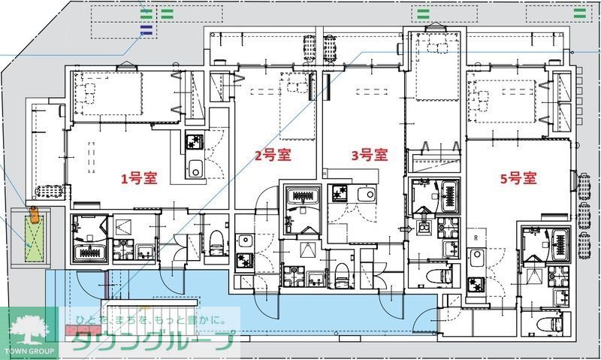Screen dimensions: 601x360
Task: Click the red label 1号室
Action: pyautogui.click(x=139, y=178)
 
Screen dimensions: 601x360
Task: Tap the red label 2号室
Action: pyautogui.click(x=273, y=155)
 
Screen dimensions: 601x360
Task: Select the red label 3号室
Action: pyautogui.click(x=370, y=155)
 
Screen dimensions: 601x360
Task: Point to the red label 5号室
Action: pyautogui.click(x=518, y=178)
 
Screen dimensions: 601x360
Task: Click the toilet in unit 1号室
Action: pyautogui.click(x=216, y=242)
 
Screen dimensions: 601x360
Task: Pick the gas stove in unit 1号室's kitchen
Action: pyautogui.click(x=195, y=141)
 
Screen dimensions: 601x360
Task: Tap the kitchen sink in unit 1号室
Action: pyautogui.click(x=195, y=168)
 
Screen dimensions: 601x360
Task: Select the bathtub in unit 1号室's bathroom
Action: pyautogui.click(x=90, y=252)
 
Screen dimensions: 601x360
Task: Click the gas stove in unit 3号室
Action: pyautogui.click(x=340, y=193)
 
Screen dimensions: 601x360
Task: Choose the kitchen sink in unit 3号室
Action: pyautogui.click(x=367, y=194)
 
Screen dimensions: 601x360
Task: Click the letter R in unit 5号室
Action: pyautogui.click(x=476, y=237)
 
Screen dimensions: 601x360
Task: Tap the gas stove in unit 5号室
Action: pyautogui.click(x=476, y=285)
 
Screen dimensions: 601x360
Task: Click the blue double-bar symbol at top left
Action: pyautogui.click(x=146, y=30)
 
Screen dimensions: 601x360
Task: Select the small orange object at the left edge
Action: pyautogui.click(x=34, y=214)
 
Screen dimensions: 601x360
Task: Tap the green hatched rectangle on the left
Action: pyautogui.click(x=35, y=238)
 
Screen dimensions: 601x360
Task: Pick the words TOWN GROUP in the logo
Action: pyautogui.click(x=29, y=351)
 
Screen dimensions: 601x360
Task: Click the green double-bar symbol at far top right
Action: pyautogui.click(x=579, y=14)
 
